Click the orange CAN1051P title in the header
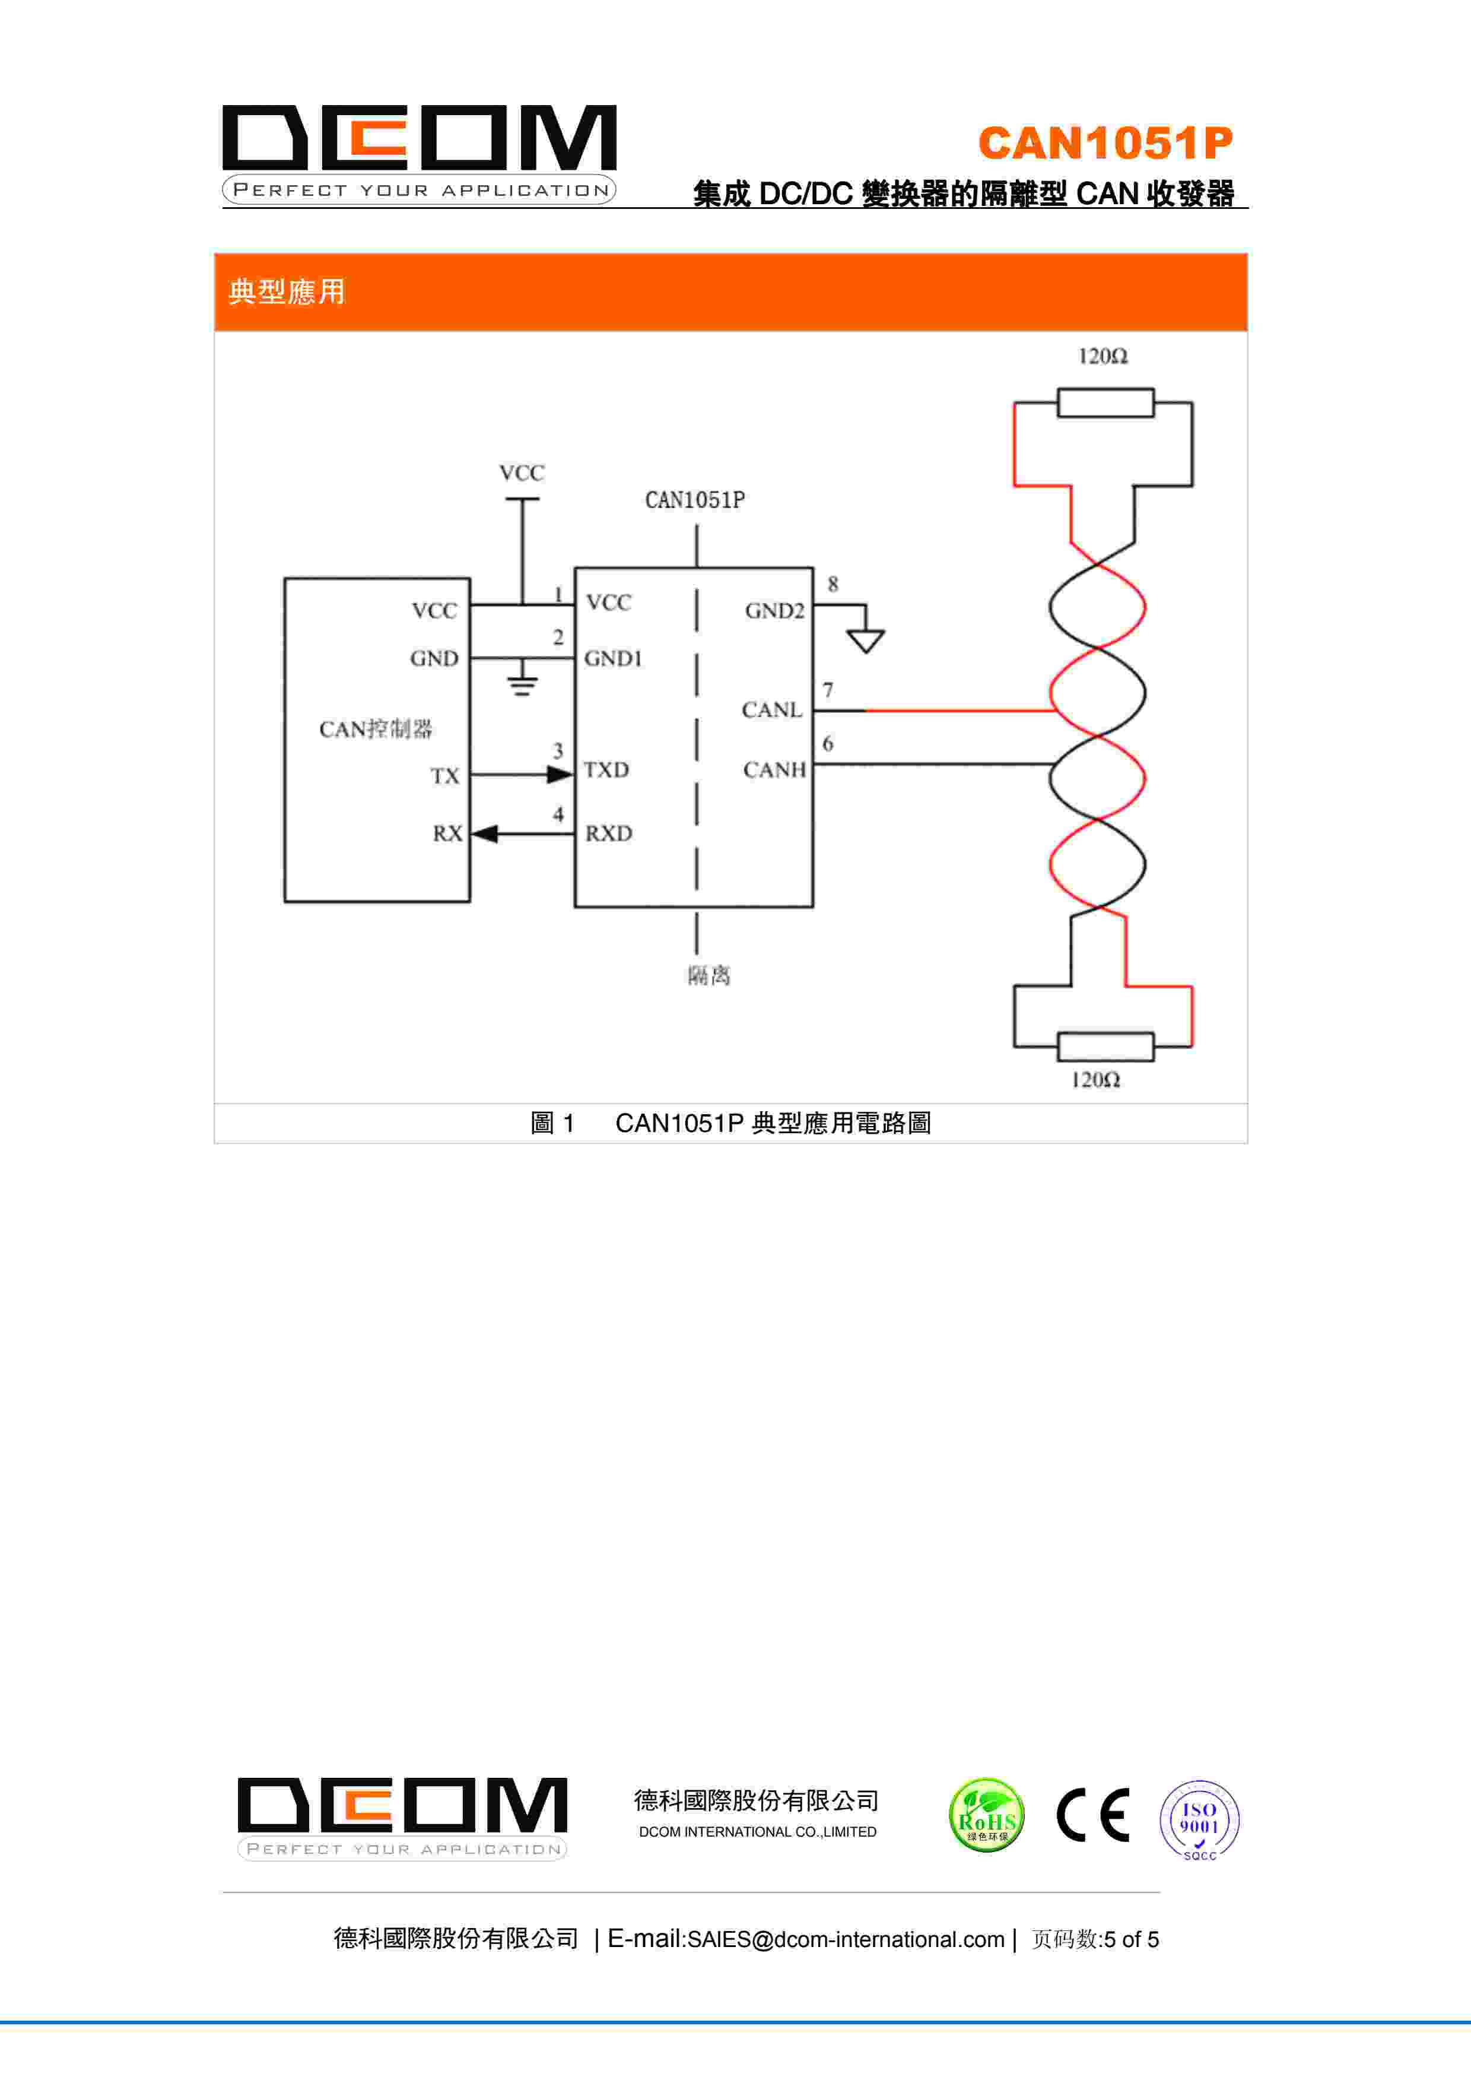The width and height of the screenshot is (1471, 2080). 1105,143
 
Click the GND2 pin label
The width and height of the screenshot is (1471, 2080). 774,611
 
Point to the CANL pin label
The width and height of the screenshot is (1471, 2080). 772,710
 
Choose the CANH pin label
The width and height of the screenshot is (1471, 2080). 774,770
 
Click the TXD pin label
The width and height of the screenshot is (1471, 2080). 606,770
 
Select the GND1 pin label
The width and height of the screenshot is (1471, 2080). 612,658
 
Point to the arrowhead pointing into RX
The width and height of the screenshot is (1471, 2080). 485,833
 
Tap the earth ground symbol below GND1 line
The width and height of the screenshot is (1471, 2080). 522,684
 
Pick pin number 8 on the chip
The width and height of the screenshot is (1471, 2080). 833,584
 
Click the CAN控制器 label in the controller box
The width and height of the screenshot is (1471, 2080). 375,730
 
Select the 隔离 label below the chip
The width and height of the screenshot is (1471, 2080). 709,976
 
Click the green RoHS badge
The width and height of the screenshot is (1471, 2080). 986,1815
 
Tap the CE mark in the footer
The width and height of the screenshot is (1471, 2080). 1093,1815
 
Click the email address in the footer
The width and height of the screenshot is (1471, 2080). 846,1939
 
